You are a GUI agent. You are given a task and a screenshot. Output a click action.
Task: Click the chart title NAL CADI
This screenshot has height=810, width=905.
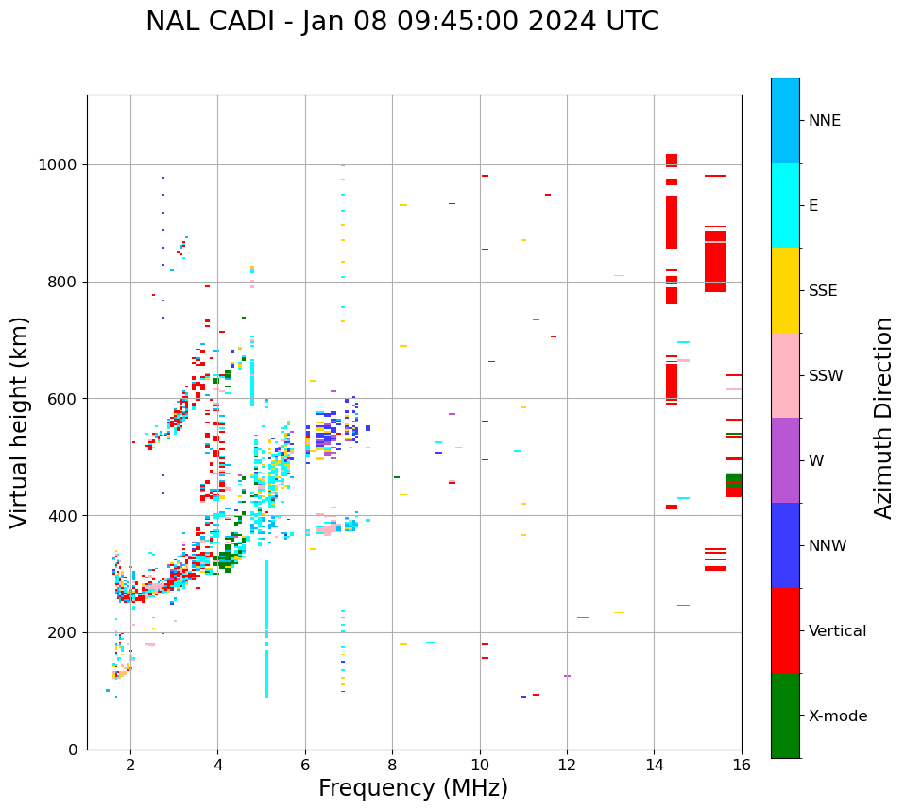click(401, 22)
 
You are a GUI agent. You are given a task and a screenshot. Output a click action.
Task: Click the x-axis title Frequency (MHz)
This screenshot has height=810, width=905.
click(413, 788)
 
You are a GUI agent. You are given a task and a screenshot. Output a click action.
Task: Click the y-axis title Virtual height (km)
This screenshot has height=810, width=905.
click(20, 422)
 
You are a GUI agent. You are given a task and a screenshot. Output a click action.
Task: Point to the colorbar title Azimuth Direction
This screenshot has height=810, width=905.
click(883, 418)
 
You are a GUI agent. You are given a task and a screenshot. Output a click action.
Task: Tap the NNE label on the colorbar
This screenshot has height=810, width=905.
click(824, 121)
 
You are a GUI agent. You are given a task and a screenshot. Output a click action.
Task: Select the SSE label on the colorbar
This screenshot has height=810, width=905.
click(822, 291)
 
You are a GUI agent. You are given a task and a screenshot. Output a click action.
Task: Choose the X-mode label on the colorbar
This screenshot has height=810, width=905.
click(837, 716)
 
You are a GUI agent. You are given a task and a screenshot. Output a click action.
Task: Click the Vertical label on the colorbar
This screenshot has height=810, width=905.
click(837, 631)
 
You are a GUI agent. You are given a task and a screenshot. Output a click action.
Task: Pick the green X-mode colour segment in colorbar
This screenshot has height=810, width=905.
click(785, 715)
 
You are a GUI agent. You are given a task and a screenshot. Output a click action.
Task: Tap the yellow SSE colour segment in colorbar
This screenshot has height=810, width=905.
click(785, 290)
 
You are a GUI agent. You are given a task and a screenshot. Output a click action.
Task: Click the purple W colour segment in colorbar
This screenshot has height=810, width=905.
click(785, 460)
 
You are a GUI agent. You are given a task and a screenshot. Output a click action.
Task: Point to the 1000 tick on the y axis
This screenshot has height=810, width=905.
click(61, 165)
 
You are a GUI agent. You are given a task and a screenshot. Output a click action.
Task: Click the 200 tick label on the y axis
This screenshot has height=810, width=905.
click(65, 632)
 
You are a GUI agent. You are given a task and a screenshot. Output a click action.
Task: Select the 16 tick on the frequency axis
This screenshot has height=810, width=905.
click(742, 765)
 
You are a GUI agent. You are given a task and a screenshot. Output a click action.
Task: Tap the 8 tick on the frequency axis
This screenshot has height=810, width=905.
click(480, 765)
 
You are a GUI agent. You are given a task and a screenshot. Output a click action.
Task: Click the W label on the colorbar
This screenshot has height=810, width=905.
click(817, 461)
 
